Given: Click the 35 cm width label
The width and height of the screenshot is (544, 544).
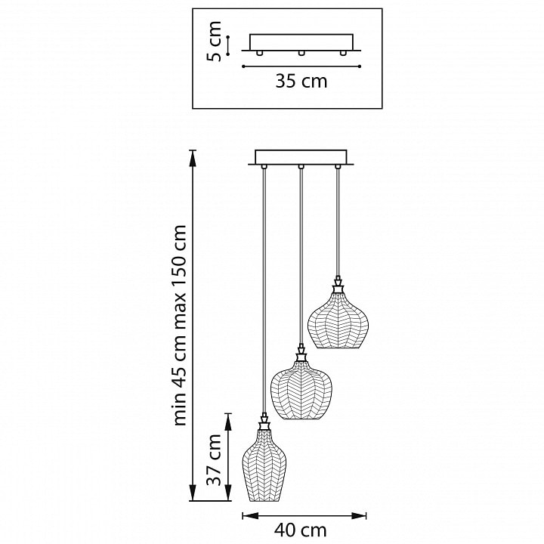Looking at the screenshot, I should pyautogui.click(x=301, y=82).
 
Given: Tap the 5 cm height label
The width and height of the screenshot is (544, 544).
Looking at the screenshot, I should pyautogui.click(x=215, y=42).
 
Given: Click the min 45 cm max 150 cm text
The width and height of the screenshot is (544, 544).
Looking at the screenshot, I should pyautogui.click(x=180, y=325).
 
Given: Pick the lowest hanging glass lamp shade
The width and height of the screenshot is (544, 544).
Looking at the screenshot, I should pyautogui.click(x=264, y=468).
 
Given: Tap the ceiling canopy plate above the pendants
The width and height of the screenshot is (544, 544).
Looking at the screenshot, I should pyautogui.click(x=301, y=157).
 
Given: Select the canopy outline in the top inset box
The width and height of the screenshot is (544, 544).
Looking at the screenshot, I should pyautogui.click(x=301, y=42).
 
